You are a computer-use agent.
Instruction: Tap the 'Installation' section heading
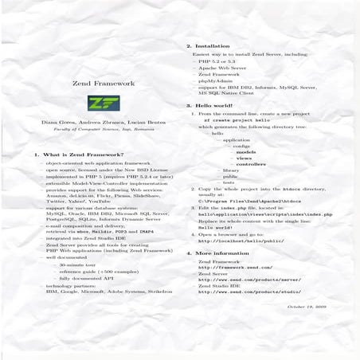tap(211, 47)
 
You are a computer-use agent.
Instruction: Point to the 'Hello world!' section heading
tap(213, 105)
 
